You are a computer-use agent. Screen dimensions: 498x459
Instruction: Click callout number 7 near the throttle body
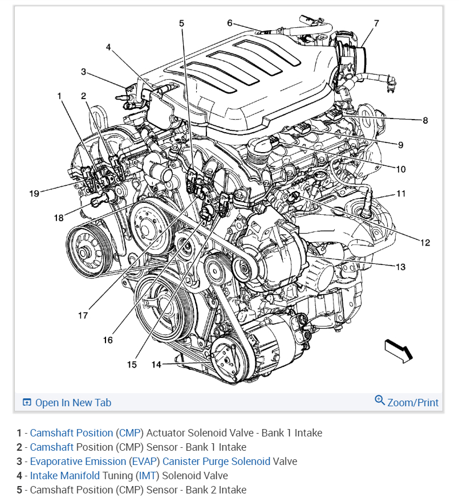pos(376,23)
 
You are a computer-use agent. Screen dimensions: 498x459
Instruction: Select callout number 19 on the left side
pos(34,194)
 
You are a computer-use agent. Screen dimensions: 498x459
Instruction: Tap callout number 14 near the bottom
pos(156,364)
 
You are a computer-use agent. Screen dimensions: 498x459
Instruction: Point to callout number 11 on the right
pos(401,194)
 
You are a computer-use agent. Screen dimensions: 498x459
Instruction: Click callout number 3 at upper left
pos(83,72)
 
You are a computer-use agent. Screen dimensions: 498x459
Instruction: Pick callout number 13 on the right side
pos(230,23)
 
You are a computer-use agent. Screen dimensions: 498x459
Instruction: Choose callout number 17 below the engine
pos(83,315)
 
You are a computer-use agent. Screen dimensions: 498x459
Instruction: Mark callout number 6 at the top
pos(230,23)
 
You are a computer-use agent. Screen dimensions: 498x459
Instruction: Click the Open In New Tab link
pos(73,403)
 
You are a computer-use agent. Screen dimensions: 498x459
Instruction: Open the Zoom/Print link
pos(413,403)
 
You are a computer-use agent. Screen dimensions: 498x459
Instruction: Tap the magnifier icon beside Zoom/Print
pos(380,401)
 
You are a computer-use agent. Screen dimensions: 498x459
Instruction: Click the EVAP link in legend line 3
pos(144,461)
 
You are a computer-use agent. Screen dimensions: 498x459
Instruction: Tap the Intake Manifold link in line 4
pos(66,475)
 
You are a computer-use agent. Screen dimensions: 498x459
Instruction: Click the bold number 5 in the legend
pos(19,489)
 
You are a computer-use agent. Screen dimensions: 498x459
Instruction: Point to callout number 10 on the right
pos(401,169)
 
